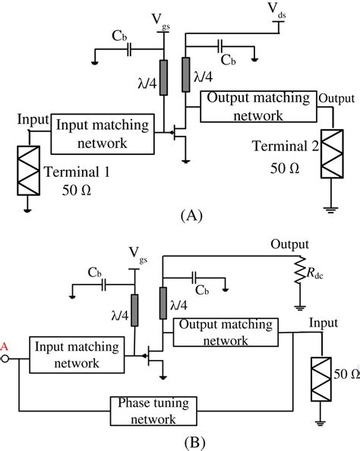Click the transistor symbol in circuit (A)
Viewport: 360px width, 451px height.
tap(182, 137)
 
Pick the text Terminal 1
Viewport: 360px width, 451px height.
tap(77, 172)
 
